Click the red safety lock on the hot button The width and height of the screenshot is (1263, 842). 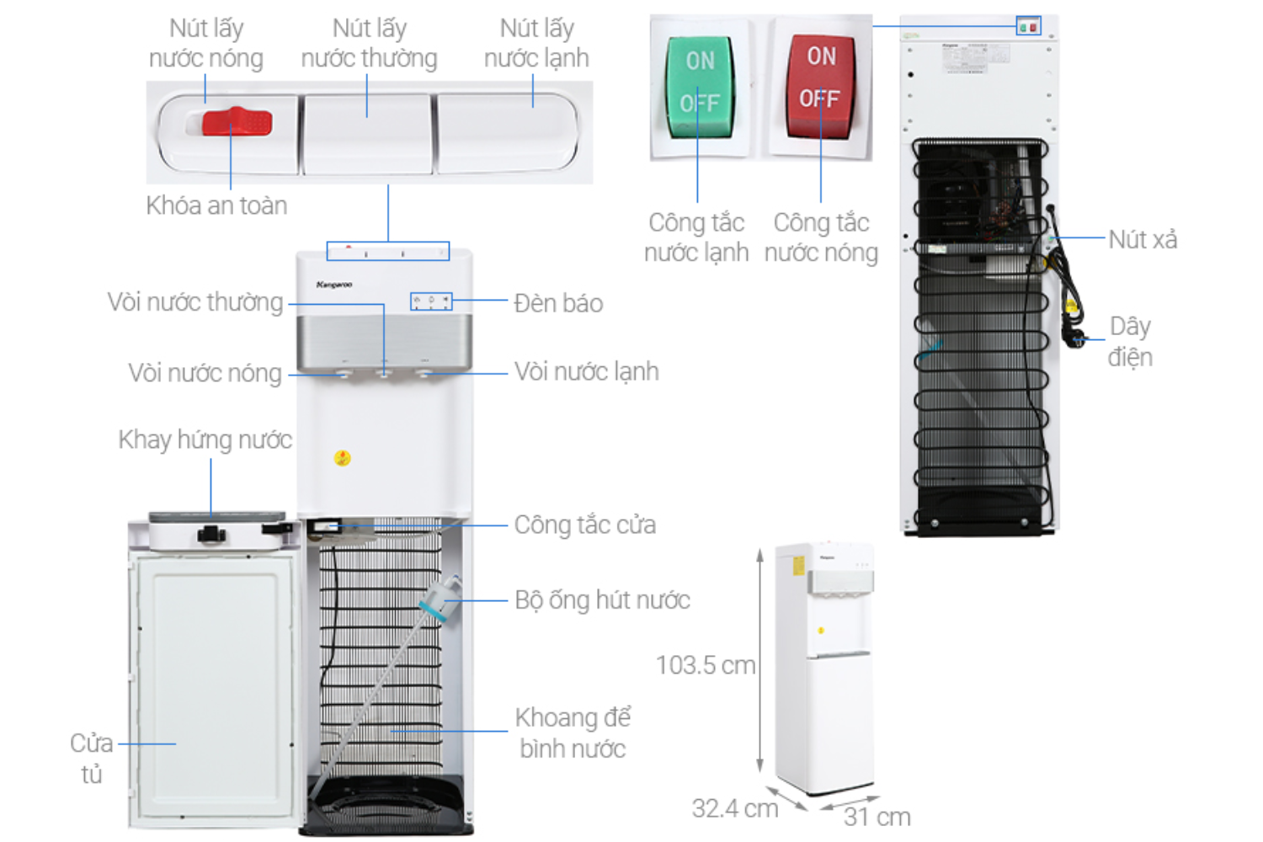coord(237,122)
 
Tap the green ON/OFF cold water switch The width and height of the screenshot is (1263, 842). coord(700,85)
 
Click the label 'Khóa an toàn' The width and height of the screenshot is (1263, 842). coord(216,205)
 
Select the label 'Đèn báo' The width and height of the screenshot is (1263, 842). coord(558,303)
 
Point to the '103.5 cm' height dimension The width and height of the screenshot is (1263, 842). coord(706,665)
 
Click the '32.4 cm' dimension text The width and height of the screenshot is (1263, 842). coord(734,808)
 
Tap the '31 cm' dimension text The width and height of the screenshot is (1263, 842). coord(877,817)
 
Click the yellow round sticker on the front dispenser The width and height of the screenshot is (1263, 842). coord(342,458)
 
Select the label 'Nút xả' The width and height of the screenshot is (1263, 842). coord(1142,240)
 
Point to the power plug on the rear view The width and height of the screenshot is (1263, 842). coord(1075,338)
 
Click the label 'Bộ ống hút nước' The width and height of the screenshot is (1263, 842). coord(602,600)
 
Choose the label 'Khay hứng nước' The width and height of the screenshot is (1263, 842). coord(205,440)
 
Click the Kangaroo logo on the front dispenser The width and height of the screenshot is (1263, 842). coord(334,285)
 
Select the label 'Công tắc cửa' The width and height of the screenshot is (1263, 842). coord(584,525)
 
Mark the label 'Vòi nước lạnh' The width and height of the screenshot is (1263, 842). coord(586,371)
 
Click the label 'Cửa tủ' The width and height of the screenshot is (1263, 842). coord(91,758)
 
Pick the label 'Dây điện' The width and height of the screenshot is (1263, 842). coord(1129,341)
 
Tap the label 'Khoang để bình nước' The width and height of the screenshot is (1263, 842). coord(573,733)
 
